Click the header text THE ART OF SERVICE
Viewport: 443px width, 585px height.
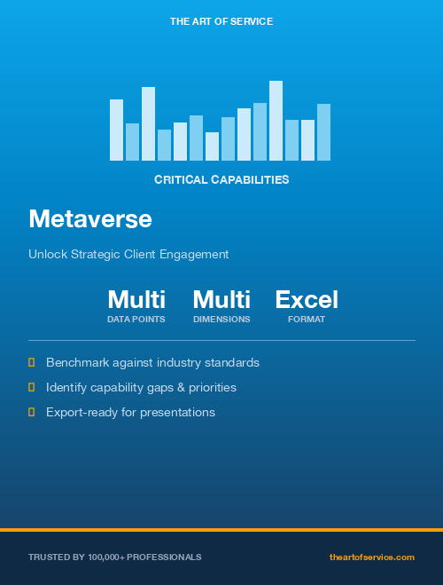[x=221, y=20]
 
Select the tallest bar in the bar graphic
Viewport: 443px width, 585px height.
[x=276, y=121]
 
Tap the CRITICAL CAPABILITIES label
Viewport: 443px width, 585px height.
[x=221, y=179]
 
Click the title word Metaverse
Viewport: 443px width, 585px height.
[x=90, y=218]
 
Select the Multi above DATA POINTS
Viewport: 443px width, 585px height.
[x=136, y=300]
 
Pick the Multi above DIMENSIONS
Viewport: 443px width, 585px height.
[x=221, y=300]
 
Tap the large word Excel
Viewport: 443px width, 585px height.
[x=307, y=300]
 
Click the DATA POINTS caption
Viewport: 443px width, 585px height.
[x=136, y=320]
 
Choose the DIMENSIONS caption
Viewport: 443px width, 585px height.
[x=221, y=320]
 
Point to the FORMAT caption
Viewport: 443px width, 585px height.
[x=307, y=320]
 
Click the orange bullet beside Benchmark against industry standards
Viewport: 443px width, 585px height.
[x=32, y=362]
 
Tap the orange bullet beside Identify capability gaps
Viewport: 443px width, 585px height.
[x=32, y=387]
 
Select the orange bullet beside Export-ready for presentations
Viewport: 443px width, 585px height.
[x=32, y=412]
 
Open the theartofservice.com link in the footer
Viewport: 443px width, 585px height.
[x=371, y=557]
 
